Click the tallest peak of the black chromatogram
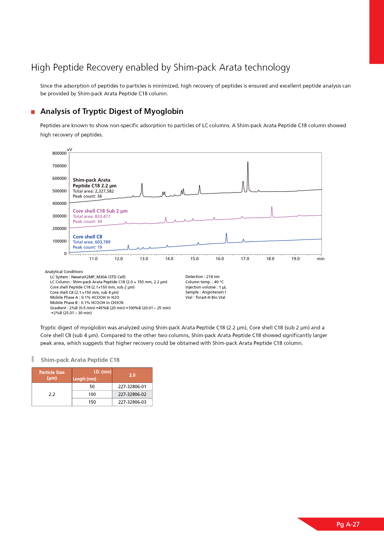point(248,162)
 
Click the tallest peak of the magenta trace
point(272,207)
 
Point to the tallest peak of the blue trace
point(226,234)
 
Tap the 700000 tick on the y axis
point(59,166)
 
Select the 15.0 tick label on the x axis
point(194,259)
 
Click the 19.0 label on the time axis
point(295,259)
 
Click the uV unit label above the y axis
point(69,150)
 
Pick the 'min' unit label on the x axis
point(321,259)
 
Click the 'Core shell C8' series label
point(87,237)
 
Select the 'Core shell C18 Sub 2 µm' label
point(100,211)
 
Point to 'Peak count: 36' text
point(87,196)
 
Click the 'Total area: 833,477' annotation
point(91,216)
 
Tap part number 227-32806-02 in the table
point(132,394)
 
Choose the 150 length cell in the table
point(92,402)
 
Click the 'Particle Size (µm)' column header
point(52,375)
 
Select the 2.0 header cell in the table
point(132,375)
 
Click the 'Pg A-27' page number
point(348,524)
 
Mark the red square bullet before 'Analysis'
point(33,112)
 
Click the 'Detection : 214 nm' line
point(203,277)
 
